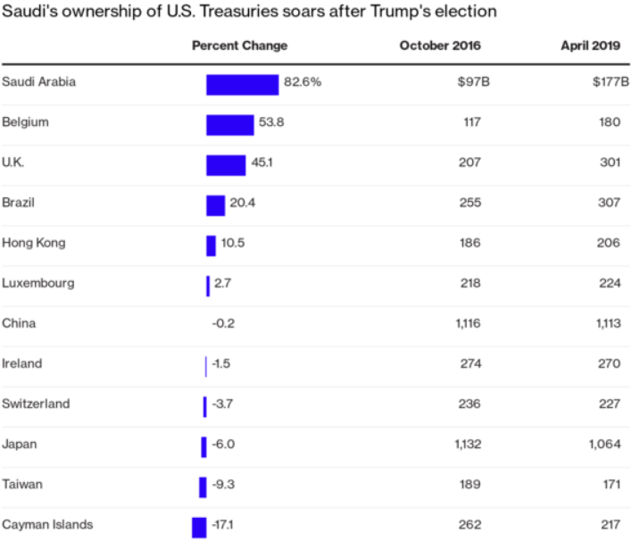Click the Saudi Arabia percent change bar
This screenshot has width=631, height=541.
[242, 84]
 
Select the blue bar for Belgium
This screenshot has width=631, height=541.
[229, 124]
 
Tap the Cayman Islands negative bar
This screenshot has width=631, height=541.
[199, 527]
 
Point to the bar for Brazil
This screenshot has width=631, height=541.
[215, 205]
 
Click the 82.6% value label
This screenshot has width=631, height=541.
[303, 82]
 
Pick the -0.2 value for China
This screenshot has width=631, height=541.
[223, 323]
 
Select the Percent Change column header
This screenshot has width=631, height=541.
[239, 46]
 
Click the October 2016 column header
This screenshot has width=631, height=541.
[439, 46]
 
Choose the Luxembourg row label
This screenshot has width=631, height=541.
[38, 283]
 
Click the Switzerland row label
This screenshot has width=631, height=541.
[35, 404]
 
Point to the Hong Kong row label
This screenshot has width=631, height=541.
[34, 243]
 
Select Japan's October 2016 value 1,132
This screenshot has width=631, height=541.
[467, 444]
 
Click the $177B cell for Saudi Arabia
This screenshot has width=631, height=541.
[610, 82]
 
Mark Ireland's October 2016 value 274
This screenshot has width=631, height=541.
[470, 363]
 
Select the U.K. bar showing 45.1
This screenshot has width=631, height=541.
[226, 165]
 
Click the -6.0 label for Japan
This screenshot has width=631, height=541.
[222, 444]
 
